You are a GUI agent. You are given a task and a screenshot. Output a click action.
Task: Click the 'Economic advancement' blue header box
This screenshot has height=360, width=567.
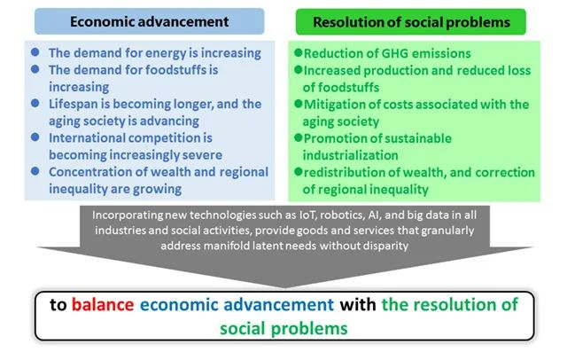150,21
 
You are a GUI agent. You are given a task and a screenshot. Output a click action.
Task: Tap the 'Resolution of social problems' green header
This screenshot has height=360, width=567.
411,21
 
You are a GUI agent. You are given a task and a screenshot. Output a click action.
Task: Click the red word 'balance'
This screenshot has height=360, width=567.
103,304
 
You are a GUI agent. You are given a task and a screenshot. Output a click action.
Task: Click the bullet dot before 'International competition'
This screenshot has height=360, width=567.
35,137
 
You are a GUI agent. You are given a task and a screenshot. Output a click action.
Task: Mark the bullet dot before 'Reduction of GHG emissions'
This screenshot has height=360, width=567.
299,53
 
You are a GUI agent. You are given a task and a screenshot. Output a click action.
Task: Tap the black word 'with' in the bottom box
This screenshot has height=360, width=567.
358,304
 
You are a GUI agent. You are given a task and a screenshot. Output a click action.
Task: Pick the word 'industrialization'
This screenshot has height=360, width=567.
351,155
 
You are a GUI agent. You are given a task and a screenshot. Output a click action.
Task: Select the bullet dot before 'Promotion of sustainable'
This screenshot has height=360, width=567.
299,137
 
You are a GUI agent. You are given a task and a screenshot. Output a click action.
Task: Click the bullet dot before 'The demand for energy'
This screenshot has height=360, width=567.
35,52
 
